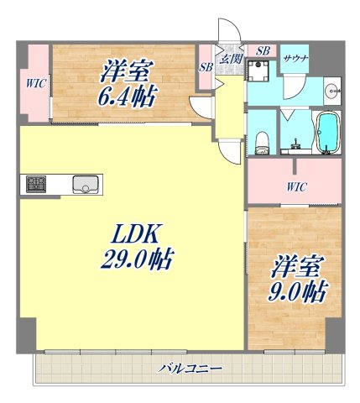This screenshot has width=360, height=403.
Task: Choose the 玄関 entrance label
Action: coord(230,59)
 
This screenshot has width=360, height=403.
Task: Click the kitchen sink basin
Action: coord(86,184)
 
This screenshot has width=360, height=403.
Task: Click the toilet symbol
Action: coord(260,137)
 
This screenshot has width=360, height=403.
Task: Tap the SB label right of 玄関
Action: coord(262,50)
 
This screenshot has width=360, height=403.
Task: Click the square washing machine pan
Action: coord(262,86)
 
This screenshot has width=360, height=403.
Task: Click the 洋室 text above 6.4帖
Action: coord(126,70)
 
